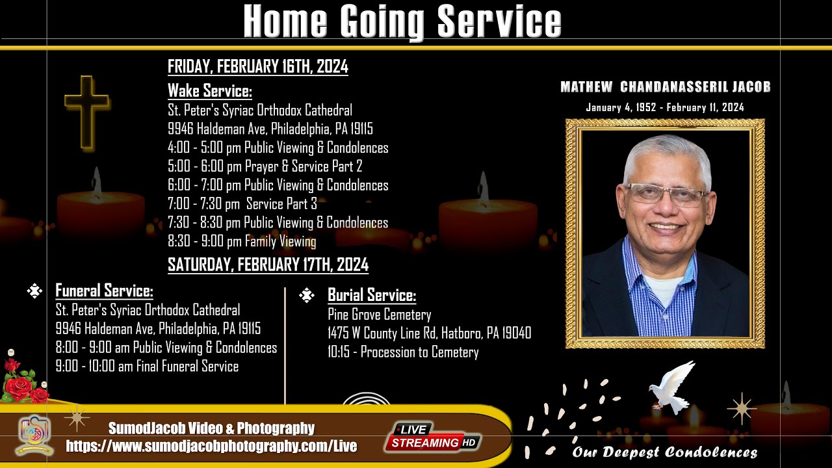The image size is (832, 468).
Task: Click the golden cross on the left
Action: click(86, 110)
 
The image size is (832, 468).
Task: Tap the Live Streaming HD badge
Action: click(432, 436)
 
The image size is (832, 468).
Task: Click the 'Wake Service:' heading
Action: click(209, 90)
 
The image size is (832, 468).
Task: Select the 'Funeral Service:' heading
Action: click(104, 291)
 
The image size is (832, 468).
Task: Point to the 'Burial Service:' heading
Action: click(371, 295)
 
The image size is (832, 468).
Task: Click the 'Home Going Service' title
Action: click(402, 21)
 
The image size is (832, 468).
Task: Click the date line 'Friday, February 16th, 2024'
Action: click(257, 66)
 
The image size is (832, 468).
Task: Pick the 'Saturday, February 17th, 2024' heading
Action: click(268, 265)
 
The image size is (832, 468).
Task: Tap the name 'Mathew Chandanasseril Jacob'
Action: click(665, 87)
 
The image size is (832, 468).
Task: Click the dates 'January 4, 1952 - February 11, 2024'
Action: click(664, 107)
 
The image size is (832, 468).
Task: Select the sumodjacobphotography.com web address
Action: click(211, 446)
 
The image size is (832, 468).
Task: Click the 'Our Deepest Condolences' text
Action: click(664, 452)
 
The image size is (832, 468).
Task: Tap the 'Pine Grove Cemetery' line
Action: click(379, 315)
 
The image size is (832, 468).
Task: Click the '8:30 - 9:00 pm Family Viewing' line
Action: click(242, 242)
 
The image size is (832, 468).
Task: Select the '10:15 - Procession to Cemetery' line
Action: click(403, 352)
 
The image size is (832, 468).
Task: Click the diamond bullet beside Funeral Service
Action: click(34, 291)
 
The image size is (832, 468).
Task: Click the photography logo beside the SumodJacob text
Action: click(34, 434)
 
